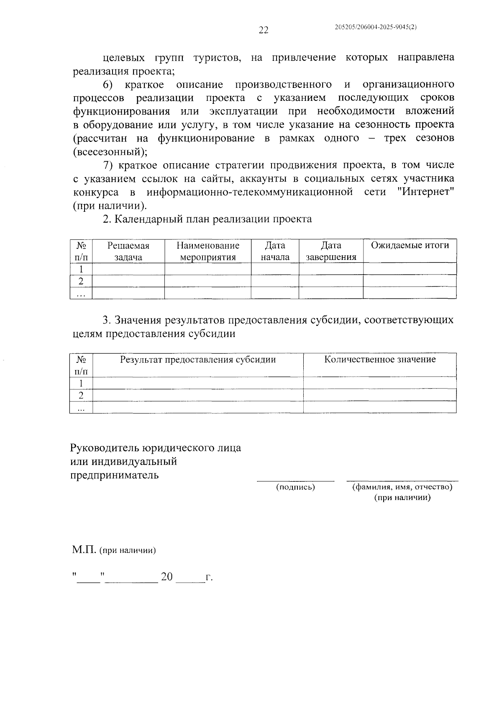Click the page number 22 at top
pos(263,30)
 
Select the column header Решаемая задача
pos(128,251)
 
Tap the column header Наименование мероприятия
pos(207,251)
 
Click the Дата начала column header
pos(275,251)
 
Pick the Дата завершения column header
pos(331,251)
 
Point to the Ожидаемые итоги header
pos(410,245)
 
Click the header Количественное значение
pos(380,359)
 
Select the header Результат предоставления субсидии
pos(198,359)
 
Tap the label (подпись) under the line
pos(295,487)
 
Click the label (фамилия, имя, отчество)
pos(402,487)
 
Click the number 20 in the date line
pos(166,577)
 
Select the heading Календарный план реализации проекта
pos(213,219)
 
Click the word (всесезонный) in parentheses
pos(110,152)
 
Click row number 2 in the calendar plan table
pos(81,281)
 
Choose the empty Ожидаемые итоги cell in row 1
pos(410,269)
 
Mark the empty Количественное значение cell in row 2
pos(380,395)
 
